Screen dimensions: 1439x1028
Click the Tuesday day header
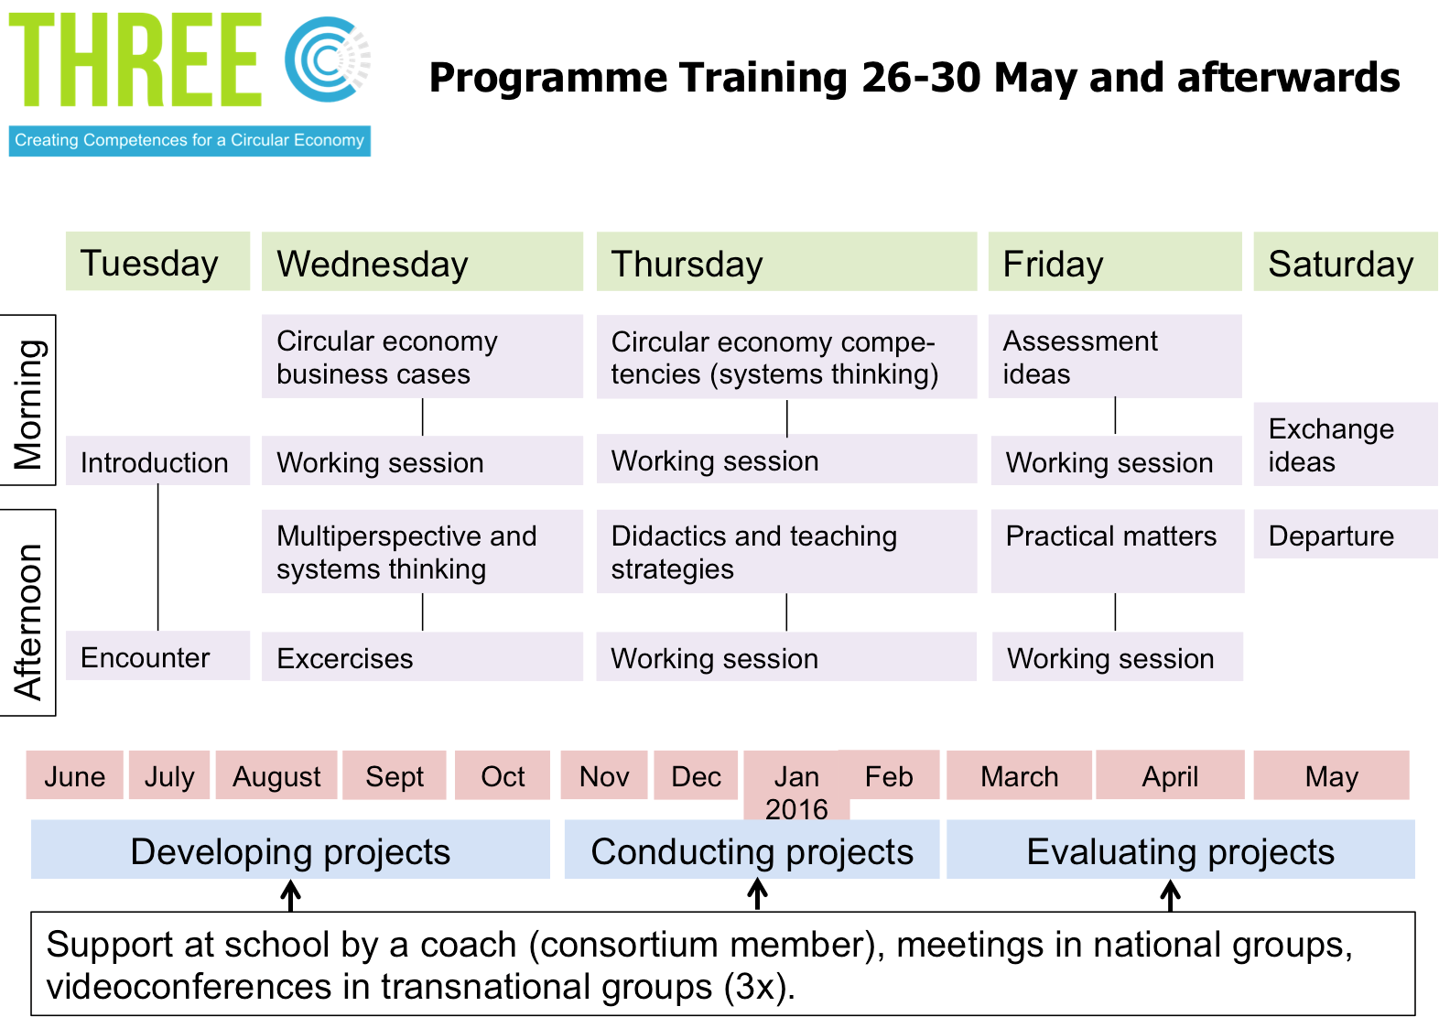point(157,261)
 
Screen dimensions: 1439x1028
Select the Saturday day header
point(1346,261)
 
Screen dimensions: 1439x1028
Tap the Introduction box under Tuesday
point(157,460)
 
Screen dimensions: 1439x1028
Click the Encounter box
point(157,655)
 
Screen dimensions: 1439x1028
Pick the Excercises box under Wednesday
point(422,656)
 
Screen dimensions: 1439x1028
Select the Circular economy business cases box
point(422,357)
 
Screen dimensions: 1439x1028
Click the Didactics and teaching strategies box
point(786,551)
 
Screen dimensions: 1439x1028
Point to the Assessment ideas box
point(1115,357)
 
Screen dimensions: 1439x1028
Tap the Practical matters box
point(1117,551)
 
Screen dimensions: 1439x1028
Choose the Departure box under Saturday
point(1346,534)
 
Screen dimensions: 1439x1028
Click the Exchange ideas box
point(1346,444)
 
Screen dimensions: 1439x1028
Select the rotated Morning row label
point(28,400)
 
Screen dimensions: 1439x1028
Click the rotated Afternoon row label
point(28,612)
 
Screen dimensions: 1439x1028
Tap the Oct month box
point(503,774)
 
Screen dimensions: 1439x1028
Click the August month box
point(276,774)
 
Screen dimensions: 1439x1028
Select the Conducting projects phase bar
point(752,849)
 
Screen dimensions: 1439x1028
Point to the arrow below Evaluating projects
point(1170,895)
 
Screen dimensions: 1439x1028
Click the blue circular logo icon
point(328,60)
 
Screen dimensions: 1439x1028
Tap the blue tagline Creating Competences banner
point(189,141)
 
